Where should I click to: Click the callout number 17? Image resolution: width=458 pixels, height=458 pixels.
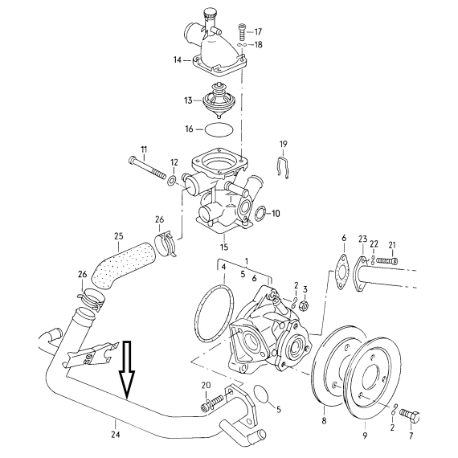(x=258, y=31)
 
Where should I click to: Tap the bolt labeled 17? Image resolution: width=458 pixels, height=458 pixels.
(x=242, y=32)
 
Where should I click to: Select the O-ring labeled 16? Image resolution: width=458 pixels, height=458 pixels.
(x=219, y=129)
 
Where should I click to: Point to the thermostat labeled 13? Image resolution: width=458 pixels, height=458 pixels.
(x=219, y=100)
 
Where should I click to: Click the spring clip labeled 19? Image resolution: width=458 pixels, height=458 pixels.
(x=283, y=168)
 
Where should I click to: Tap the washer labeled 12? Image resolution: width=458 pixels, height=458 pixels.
(x=172, y=181)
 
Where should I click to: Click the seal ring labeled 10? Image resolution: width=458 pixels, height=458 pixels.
(x=260, y=213)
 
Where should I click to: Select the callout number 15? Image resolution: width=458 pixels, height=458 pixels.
(x=224, y=247)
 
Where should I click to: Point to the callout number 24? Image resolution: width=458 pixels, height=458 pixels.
(x=116, y=435)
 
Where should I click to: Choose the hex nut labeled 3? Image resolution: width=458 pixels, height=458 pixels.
(x=303, y=306)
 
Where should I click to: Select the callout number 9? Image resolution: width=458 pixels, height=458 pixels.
(x=365, y=436)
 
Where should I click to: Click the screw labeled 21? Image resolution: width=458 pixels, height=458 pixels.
(x=387, y=260)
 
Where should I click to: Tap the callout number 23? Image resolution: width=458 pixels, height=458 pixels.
(x=362, y=239)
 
